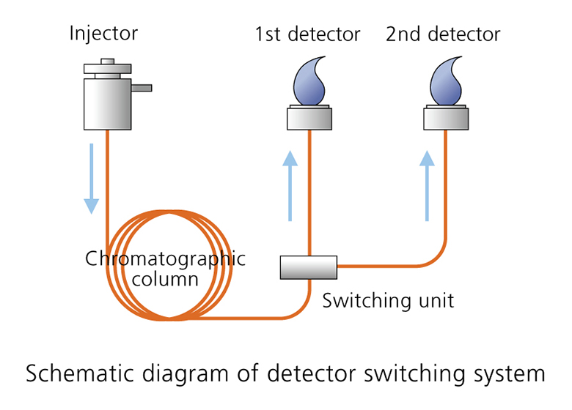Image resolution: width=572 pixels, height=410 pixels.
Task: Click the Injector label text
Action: click(x=103, y=33)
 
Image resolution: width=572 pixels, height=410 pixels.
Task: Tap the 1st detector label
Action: click(x=308, y=34)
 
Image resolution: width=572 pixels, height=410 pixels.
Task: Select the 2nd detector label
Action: click(x=444, y=34)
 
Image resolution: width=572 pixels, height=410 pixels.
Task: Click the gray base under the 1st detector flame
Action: click(x=309, y=117)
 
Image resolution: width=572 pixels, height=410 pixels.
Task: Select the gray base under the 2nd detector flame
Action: click(x=446, y=117)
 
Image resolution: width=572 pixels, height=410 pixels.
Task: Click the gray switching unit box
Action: click(x=308, y=267)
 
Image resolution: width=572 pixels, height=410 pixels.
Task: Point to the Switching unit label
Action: click(x=388, y=300)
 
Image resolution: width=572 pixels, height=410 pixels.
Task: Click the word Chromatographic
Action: click(x=165, y=259)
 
